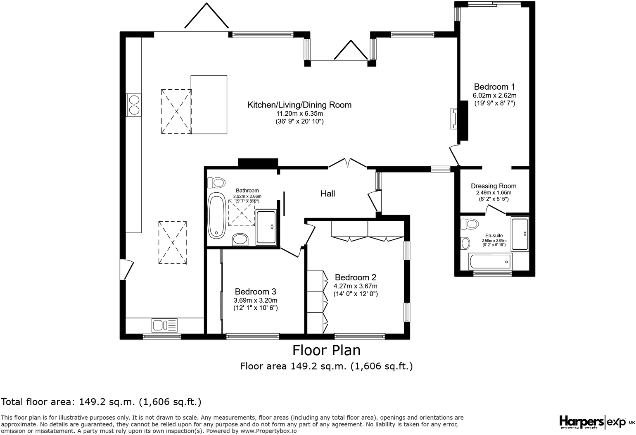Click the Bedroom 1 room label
pyautogui.click(x=494, y=87)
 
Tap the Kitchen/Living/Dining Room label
pyautogui.click(x=299, y=105)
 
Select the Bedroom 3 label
pyautogui.click(x=255, y=292)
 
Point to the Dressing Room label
pyautogui.click(x=494, y=186)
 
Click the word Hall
pyautogui.click(x=328, y=194)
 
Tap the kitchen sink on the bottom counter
pyautogui.click(x=164, y=325)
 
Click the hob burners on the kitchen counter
pyautogui.click(x=134, y=104)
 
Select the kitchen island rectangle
pyautogui.click(x=209, y=105)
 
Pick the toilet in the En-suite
pyautogui.click(x=470, y=224)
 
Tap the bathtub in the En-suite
pyautogui.click(x=490, y=261)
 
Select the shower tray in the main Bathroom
pyautogui.click(x=266, y=227)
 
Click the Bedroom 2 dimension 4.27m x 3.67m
pyautogui.click(x=356, y=286)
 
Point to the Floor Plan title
pyautogui.click(x=326, y=350)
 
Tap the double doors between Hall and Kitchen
pyautogui.click(x=347, y=163)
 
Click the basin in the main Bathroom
pyautogui.click(x=240, y=239)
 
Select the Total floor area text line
pyautogui.click(x=101, y=402)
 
